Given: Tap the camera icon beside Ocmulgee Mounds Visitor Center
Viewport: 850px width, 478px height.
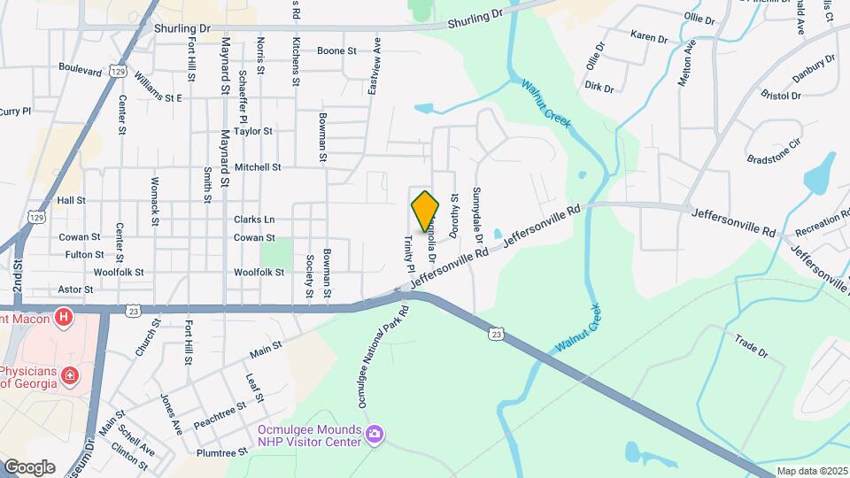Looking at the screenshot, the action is [x=375, y=433].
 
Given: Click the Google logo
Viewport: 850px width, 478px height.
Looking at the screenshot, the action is [x=29, y=466].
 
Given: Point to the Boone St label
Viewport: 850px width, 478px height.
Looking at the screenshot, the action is [x=336, y=50].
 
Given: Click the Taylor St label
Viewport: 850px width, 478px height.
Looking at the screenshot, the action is [x=253, y=131].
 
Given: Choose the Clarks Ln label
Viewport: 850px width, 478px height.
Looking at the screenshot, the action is [x=254, y=220].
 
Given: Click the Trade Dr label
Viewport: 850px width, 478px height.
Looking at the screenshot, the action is [x=752, y=345].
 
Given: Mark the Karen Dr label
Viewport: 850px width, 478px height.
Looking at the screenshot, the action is [x=648, y=36].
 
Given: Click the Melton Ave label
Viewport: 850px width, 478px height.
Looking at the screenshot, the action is [x=683, y=62].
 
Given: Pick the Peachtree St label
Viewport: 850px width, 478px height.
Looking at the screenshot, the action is [x=219, y=415].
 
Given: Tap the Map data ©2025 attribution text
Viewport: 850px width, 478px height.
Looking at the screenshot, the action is [x=811, y=471].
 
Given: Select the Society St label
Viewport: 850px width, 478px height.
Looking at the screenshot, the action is [x=310, y=275].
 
